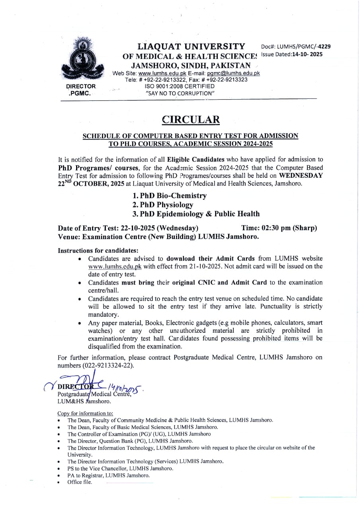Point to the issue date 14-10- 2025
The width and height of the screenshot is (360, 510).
(x=307, y=54)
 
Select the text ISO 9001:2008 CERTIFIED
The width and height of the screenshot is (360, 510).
(x=180, y=86)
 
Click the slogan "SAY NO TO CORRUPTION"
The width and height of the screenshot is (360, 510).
(x=180, y=93)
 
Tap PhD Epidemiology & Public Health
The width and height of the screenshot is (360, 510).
(x=196, y=214)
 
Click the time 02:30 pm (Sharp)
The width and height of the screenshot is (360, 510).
(x=279, y=228)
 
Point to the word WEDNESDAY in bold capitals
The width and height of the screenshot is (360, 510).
(x=301, y=175)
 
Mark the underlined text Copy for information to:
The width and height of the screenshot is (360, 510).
(x=85, y=414)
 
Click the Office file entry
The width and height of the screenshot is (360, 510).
(x=80, y=482)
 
